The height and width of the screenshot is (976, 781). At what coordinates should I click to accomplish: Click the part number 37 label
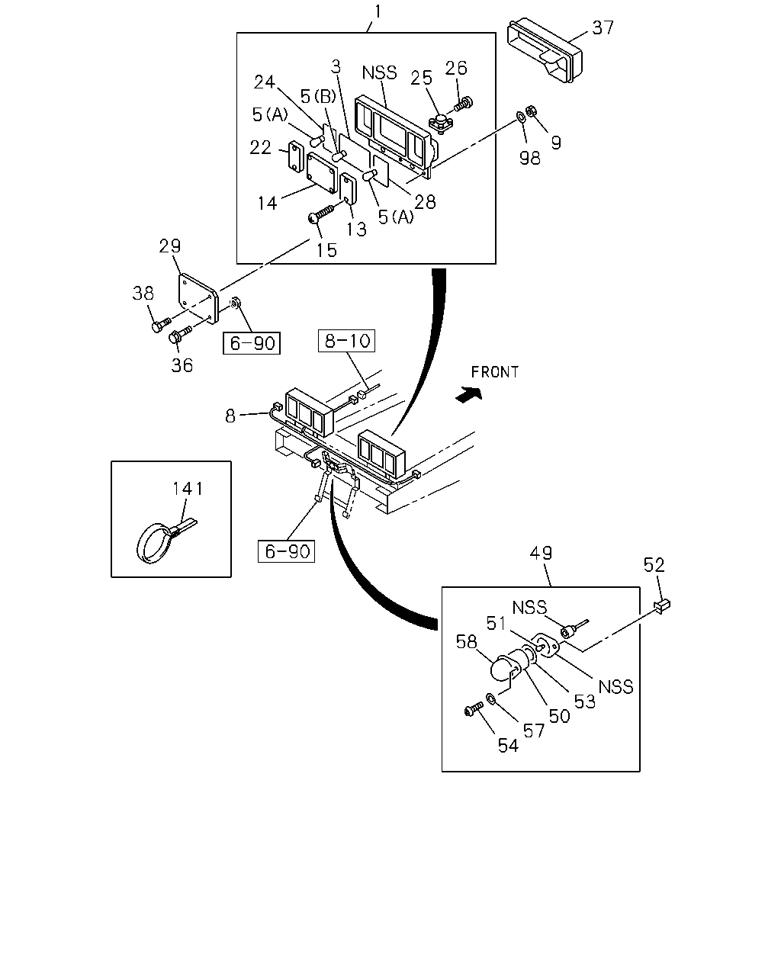coord(603,28)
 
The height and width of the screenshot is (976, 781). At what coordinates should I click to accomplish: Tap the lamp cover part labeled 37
coord(545,50)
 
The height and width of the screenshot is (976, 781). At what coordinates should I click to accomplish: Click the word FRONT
coord(495,372)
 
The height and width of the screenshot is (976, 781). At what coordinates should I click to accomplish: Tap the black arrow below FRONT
coord(469,394)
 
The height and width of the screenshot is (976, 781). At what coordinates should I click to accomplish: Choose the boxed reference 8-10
coord(347,341)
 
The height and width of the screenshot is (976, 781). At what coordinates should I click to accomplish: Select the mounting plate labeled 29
coord(198,298)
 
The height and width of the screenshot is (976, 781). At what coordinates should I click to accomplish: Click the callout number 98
coord(529,159)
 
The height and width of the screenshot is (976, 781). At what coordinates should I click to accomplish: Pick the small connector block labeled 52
coord(662,605)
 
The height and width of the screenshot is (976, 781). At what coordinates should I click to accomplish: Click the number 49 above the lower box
coord(541,553)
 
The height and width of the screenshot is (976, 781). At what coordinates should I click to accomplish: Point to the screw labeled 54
coord(474,709)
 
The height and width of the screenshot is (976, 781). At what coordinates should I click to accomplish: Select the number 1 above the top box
coord(378,11)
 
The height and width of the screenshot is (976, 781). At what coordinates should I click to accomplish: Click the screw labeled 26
coord(463,104)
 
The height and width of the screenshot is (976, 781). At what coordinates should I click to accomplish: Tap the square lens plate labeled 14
coord(322,173)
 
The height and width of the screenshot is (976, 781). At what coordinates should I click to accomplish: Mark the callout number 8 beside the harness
coord(230,416)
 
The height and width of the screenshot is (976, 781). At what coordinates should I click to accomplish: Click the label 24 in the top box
coord(264,82)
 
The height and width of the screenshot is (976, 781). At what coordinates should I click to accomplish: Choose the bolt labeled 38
coord(161,325)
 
